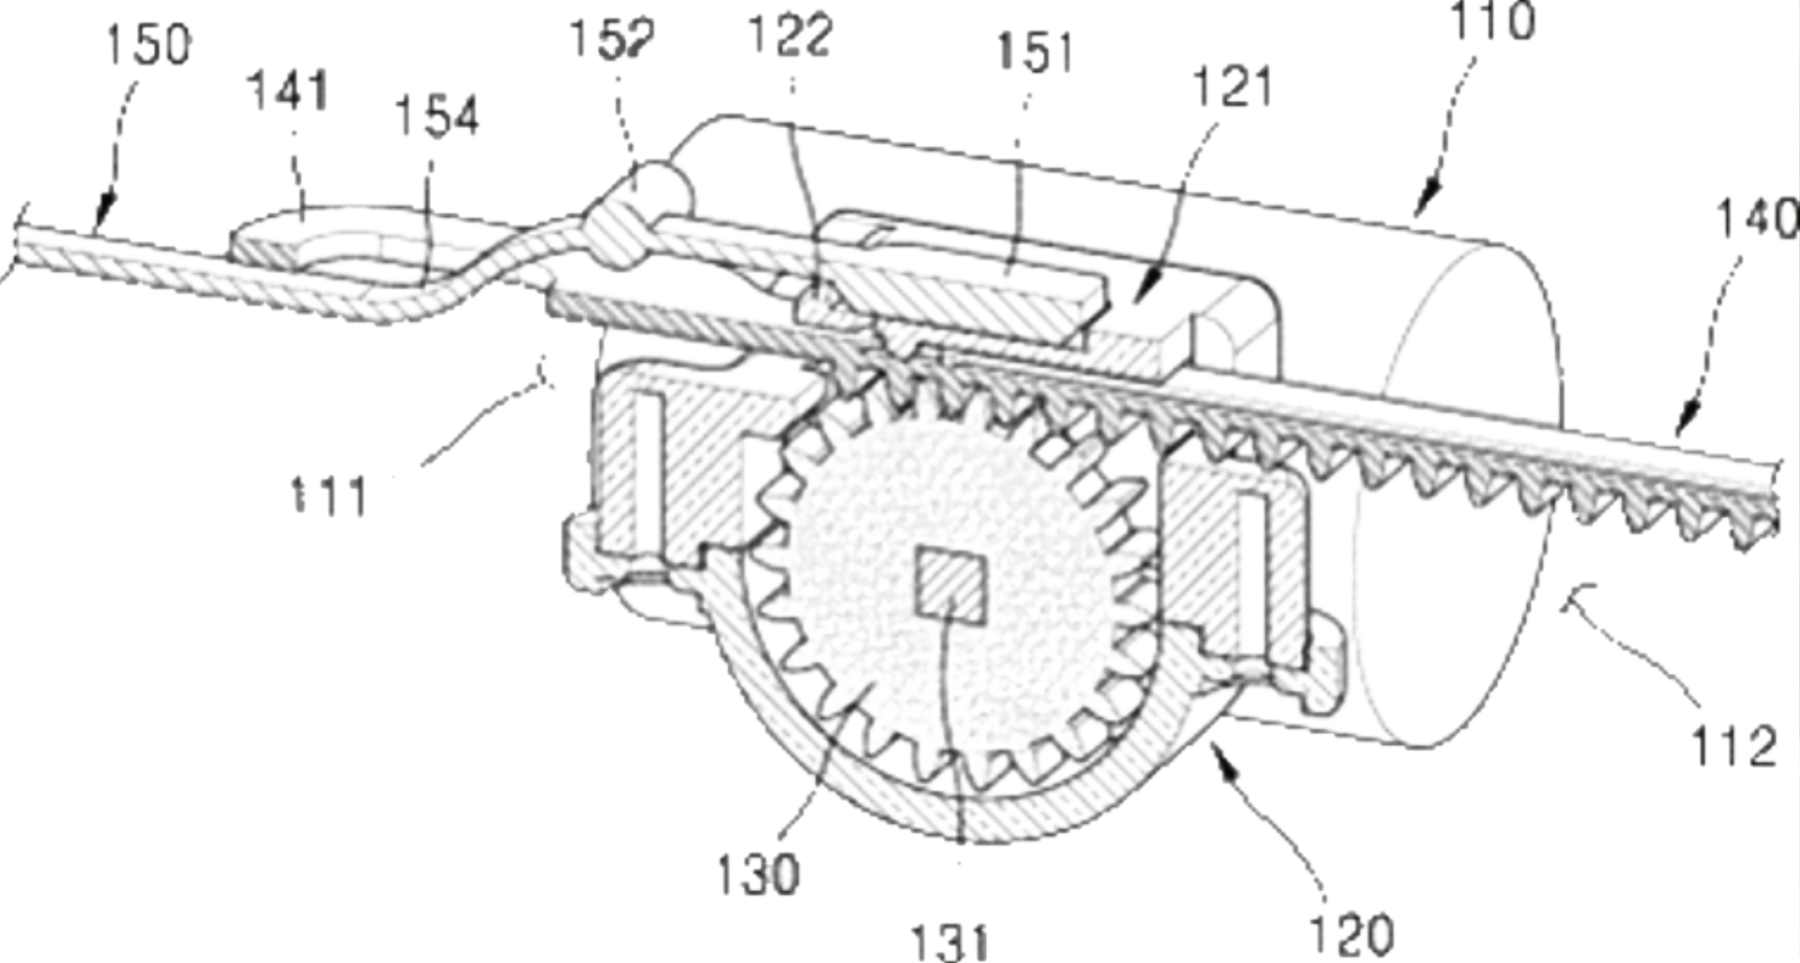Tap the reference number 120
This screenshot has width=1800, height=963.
[x=1350, y=930]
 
